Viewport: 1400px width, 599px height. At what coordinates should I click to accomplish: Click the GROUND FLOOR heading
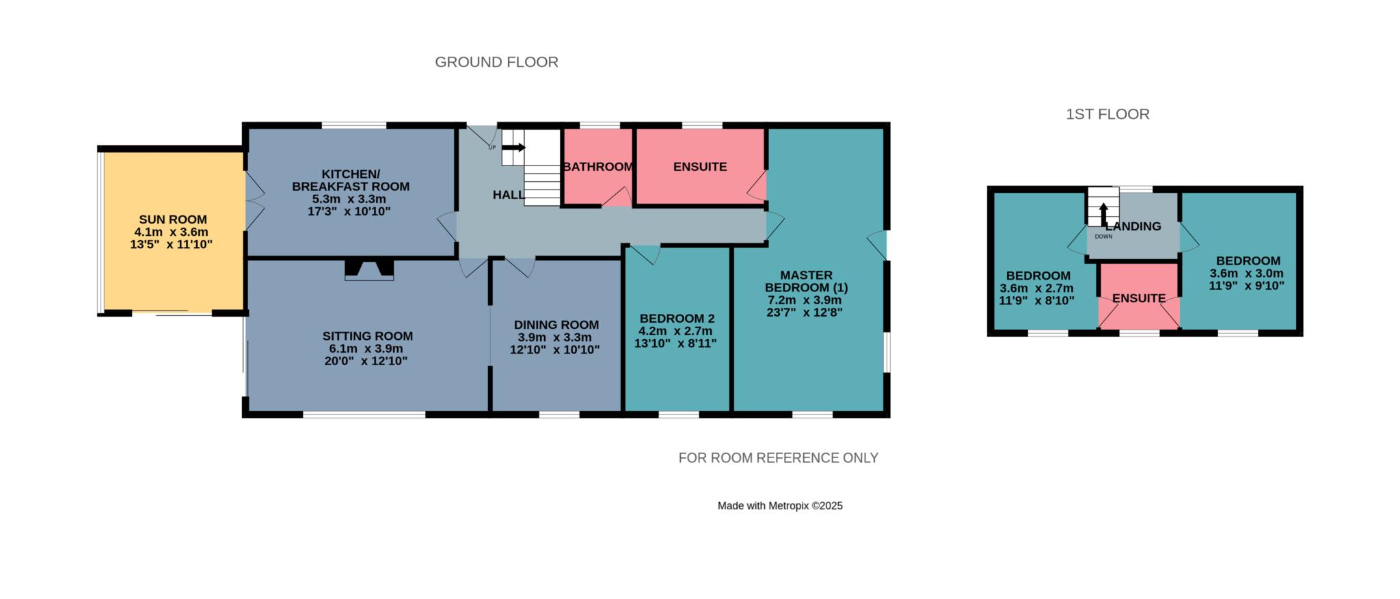pos(496,62)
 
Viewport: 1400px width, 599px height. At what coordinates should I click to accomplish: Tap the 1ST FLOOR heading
pos(1107,114)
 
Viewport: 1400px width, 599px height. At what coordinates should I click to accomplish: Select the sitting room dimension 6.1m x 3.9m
pos(366,349)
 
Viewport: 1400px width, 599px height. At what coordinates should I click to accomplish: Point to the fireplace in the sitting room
pos(369,269)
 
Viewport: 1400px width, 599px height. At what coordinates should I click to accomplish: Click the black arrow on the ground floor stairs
pos(513,147)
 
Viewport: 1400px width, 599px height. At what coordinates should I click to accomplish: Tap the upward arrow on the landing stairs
pos(1103,213)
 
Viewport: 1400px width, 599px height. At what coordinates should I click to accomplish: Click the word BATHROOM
pos(598,167)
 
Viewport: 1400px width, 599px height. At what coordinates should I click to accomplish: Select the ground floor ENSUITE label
pos(700,167)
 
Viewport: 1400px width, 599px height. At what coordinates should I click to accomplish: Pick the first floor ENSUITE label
pos(1139,298)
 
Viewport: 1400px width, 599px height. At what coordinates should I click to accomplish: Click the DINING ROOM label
pos(556,325)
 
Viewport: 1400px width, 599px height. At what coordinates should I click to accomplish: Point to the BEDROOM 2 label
pos(677,319)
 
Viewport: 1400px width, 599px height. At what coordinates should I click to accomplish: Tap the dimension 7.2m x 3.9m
pos(805,300)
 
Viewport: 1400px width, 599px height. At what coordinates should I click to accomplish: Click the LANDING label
pos(1133,226)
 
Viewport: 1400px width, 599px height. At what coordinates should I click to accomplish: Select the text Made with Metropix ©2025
pos(780,506)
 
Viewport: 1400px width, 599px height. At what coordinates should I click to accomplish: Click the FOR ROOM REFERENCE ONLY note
pos(778,458)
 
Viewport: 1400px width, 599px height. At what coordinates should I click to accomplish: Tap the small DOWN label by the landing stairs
pos(1103,237)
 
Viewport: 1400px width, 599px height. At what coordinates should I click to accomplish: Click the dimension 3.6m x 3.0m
pos(1246,274)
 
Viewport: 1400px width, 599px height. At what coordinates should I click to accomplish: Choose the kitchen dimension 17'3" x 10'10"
pos(349,211)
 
